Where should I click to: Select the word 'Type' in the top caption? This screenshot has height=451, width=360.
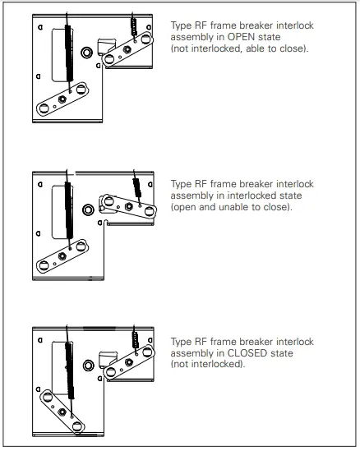[180, 25]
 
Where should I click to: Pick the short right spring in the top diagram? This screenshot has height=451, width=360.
[133, 28]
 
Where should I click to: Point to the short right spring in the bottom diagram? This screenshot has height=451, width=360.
[132, 340]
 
